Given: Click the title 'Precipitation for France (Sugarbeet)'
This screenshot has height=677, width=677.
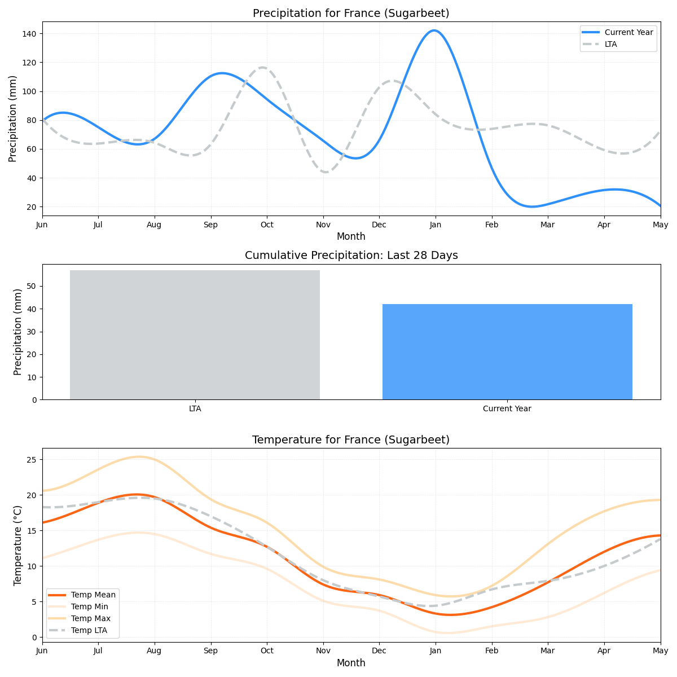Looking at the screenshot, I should tap(351, 14).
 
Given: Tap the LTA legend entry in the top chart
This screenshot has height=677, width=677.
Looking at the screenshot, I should tap(610, 44).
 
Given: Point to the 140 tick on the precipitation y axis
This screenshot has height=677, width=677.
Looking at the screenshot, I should tap(29, 34).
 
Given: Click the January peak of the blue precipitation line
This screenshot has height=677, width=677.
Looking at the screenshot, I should tap(434, 30).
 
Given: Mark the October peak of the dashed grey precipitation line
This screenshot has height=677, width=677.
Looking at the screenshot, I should tap(263, 68).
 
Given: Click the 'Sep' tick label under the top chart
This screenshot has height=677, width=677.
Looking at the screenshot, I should tap(210, 225).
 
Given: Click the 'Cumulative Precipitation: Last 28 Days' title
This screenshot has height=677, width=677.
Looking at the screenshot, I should tap(351, 256).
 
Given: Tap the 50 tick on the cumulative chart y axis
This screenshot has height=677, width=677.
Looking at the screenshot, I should tap(32, 287).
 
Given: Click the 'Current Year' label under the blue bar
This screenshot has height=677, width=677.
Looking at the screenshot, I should tap(507, 409).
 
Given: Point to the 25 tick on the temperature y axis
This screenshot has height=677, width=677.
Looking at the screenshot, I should tap(32, 460).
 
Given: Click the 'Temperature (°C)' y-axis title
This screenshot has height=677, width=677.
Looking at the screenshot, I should tap(18, 545).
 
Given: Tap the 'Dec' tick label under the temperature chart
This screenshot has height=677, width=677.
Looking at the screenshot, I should tap(379, 650).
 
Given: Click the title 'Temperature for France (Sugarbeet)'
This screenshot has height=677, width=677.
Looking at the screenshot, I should tap(351, 440).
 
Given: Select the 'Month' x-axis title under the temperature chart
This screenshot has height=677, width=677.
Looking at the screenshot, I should tap(351, 663).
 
